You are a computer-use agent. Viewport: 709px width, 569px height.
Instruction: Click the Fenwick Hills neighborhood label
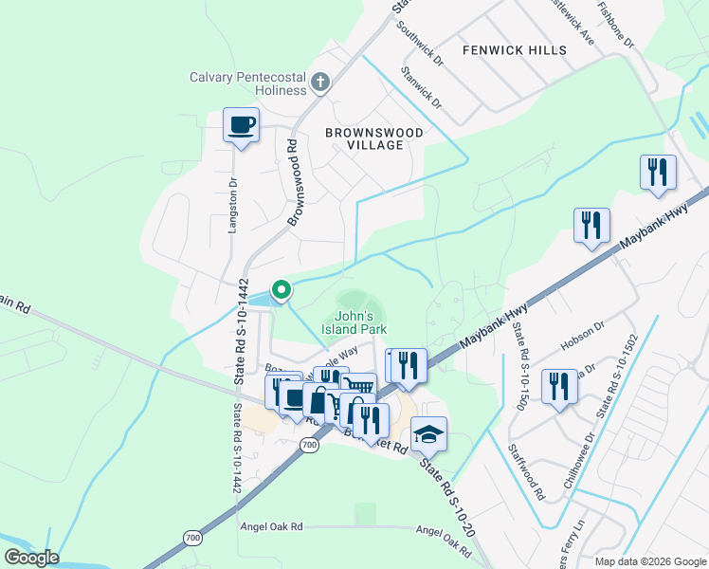point(514,49)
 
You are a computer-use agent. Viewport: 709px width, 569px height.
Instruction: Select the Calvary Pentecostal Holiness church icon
point(320,83)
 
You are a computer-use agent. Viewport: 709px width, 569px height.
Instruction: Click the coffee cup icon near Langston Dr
point(241,124)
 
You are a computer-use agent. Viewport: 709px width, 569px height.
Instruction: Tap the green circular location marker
point(281,289)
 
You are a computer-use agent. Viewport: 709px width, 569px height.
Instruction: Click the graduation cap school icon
point(428,434)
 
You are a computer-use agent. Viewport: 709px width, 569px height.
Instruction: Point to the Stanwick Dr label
point(421,85)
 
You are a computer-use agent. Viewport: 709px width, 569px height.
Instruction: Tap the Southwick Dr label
point(421,45)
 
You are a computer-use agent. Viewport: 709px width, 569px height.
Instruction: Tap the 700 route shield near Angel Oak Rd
point(192,538)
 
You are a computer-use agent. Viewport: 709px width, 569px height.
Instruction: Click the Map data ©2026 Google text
point(649,560)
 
